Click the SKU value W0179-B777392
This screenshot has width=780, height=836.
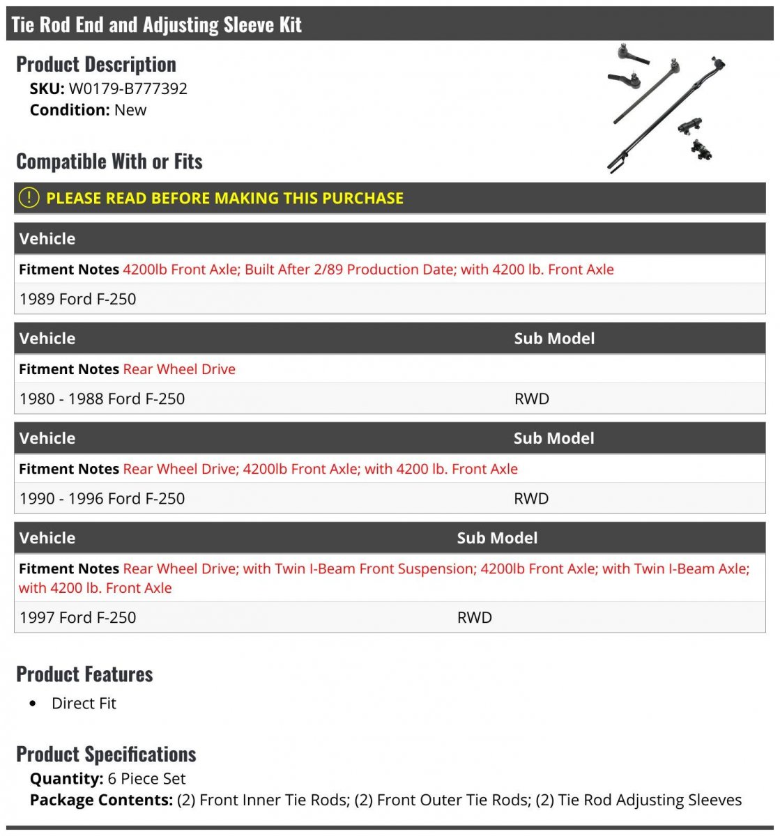click(128, 88)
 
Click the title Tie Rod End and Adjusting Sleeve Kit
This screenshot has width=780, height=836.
click(156, 25)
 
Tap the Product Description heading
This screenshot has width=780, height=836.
click(96, 64)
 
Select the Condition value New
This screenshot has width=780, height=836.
click(130, 110)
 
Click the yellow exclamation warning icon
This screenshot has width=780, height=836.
click(29, 198)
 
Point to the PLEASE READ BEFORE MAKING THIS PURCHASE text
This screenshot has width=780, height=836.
click(224, 198)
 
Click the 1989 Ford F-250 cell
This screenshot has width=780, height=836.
click(77, 299)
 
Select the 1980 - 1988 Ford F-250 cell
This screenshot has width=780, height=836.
click(102, 398)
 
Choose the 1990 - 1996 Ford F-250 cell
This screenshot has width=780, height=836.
click(102, 498)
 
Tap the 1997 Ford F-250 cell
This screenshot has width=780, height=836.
click(77, 617)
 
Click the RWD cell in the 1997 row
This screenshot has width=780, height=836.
click(475, 617)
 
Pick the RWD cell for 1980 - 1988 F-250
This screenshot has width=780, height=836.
click(532, 398)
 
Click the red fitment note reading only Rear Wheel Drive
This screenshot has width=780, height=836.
click(179, 369)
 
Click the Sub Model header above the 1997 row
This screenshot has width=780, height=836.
click(497, 538)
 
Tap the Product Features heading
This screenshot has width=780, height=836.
click(84, 674)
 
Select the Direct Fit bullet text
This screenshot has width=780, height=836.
click(84, 704)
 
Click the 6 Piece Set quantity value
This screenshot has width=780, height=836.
click(146, 779)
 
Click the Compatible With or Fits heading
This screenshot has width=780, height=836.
click(109, 162)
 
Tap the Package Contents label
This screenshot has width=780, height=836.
click(101, 800)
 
